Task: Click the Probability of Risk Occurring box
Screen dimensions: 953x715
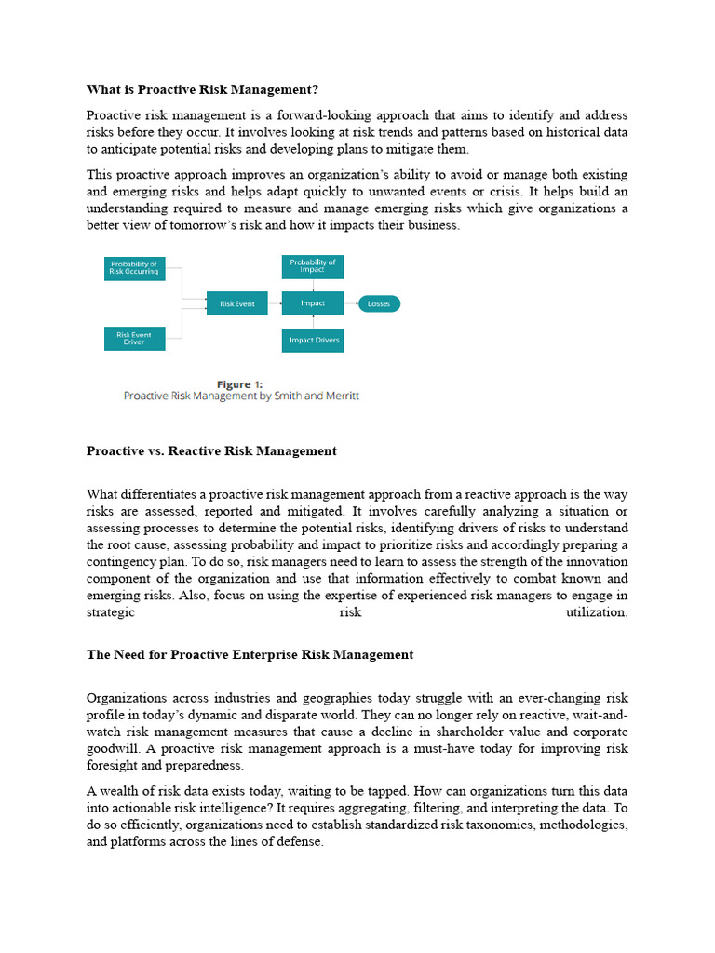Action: pyautogui.click(x=134, y=268)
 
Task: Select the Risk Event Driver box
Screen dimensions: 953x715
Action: pyautogui.click(x=134, y=337)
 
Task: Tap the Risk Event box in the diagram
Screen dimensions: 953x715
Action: pyautogui.click(x=237, y=303)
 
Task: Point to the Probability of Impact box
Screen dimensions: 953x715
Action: pyautogui.click(x=313, y=266)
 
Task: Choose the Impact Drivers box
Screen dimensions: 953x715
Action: pyautogui.click(x=313, y=340)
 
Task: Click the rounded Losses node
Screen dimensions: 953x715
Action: pyautogui.click(x=378, y=303)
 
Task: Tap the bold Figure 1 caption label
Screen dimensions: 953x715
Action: pyautogui.click(x=240, y=384)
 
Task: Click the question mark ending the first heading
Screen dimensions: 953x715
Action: pyautogui.click(x=315, y=89)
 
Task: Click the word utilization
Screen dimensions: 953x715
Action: pyautogui.click(x=596, y=612)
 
